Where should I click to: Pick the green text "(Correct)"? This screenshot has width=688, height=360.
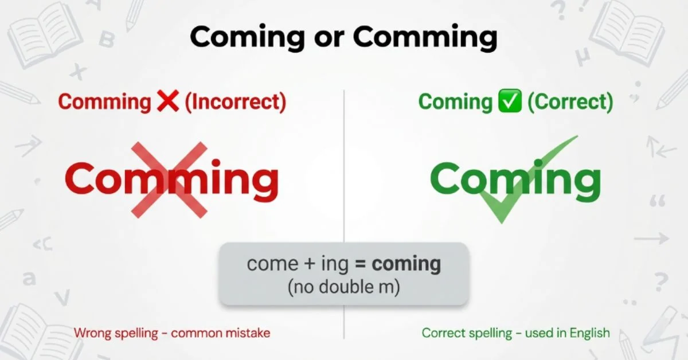(x=570, y=102)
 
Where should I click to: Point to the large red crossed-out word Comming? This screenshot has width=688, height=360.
(x=171, y=179)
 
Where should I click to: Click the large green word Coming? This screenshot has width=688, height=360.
(x=515, y=179)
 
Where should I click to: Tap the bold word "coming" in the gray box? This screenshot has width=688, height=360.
(x=406, y=264)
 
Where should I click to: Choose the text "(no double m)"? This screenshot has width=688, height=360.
(x=343, y=287)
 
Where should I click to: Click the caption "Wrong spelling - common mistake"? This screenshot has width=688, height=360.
(x=172, y=332)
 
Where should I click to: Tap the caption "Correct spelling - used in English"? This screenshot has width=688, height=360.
(x=516, y=332)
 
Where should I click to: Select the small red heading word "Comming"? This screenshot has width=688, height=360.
(x=104, y=102)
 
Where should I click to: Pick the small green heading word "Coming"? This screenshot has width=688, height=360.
(x=455, y=102)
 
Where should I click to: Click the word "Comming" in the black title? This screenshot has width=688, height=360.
(x=425, y=38)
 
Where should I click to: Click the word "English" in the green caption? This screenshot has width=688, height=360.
(x=590, y=333)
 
